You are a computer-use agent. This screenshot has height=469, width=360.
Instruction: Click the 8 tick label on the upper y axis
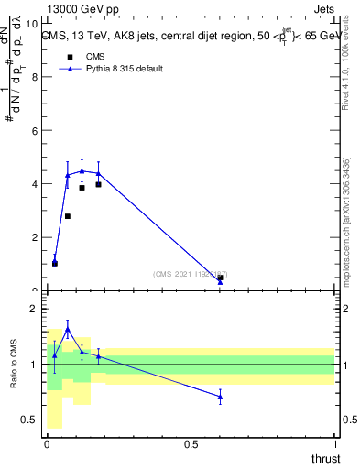(x=33, y=77)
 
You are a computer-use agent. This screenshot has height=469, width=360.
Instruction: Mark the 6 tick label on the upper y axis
(x=33, y=131)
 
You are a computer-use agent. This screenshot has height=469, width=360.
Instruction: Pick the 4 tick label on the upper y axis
(x=33, y=184)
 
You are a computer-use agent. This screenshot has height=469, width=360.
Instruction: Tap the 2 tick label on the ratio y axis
(x=33, y=309)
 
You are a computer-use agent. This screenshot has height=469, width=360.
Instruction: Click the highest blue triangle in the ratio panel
(x=68, y=329)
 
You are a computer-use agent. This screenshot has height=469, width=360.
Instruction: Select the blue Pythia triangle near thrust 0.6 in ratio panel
(x=220, y=397)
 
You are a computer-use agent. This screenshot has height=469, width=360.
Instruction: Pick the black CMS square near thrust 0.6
(x=220, y=278)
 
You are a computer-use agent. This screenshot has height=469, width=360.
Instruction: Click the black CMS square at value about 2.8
(x=68, y=216)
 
